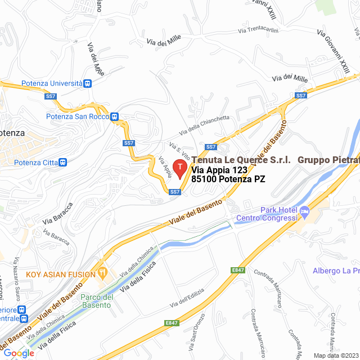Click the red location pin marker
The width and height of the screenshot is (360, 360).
179,168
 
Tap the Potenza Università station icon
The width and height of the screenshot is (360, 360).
87,83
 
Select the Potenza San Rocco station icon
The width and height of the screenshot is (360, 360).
114,117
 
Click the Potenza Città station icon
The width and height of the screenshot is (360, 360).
62,163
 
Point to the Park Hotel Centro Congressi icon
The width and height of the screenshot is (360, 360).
305,212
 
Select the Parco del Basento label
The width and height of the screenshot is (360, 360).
97,301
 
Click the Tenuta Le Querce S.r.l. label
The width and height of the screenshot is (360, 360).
241,160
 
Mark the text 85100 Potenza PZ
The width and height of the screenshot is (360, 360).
228,179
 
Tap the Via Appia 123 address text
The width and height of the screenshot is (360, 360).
219,170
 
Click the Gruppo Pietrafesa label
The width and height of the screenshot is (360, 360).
328,160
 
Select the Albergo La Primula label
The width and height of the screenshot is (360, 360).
336,271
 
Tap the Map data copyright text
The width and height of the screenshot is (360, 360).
335,355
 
